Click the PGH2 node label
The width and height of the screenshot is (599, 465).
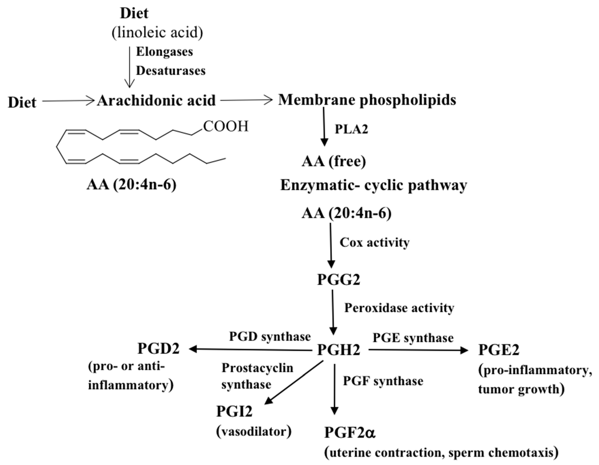[339, 350]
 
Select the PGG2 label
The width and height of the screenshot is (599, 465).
[339, 280]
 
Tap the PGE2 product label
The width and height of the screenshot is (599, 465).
[499, 350]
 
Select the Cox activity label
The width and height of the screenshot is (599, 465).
[374, 242]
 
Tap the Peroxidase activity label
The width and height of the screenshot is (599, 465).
[399, 308]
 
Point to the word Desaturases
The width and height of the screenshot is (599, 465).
[171, 71]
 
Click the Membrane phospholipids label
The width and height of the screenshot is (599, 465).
[367, 100]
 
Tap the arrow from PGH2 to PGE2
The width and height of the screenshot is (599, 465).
[418, 350]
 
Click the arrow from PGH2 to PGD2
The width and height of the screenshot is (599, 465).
[250, 349]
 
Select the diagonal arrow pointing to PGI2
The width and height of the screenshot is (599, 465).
[294, 383]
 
